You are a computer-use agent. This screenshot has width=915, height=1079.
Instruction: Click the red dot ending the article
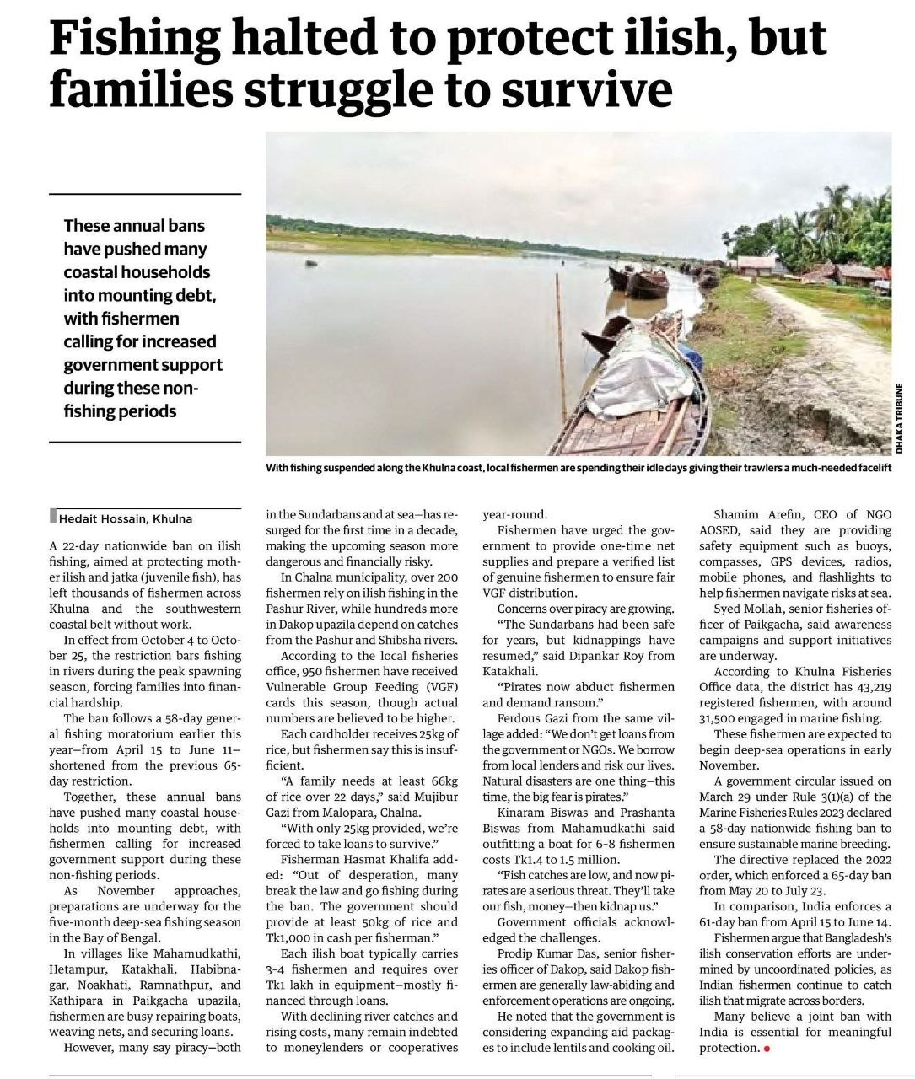(x=767, y=1048)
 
